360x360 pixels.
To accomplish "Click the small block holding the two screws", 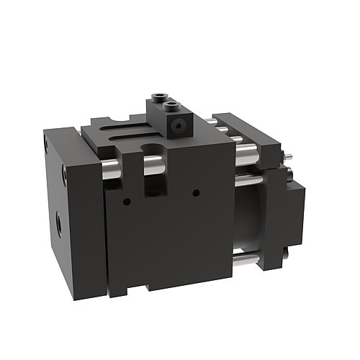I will pyautogui.click(x=167, y=119).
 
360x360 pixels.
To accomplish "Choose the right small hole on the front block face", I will pyautogui.click(x=196, y=192).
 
